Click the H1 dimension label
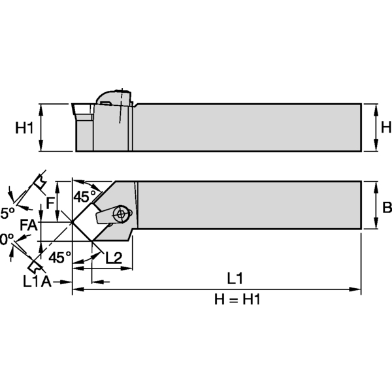24,128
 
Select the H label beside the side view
385,128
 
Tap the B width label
386,207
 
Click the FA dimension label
27,225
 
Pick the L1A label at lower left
37,282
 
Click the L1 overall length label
235,278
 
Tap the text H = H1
237,299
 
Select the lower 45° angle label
59,257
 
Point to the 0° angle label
6,240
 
